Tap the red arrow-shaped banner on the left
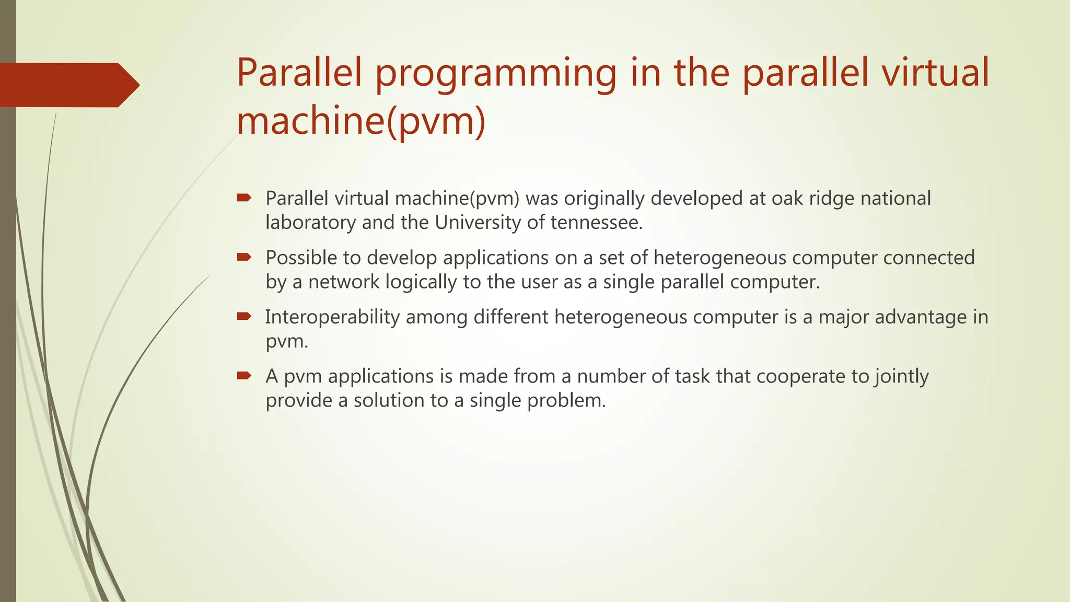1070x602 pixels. point(68,85)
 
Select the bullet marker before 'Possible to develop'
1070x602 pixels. point(244,257)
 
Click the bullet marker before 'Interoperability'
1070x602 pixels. point(244,316)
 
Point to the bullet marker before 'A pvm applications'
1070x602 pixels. point(244,375)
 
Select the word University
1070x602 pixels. point(478,223)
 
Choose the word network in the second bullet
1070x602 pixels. point(343,282)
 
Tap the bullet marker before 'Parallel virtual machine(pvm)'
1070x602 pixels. point(244,198)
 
